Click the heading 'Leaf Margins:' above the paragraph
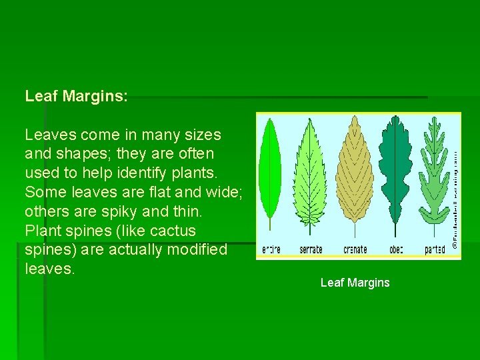click(76, 96)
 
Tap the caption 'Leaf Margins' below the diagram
click(355, 283)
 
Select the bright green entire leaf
click(270, 173)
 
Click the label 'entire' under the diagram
click(271, 250)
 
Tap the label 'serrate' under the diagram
click(311, 250)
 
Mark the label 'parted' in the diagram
click(435, 250)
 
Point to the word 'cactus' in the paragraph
click(174, 231)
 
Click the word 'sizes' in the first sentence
click(203, 135)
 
